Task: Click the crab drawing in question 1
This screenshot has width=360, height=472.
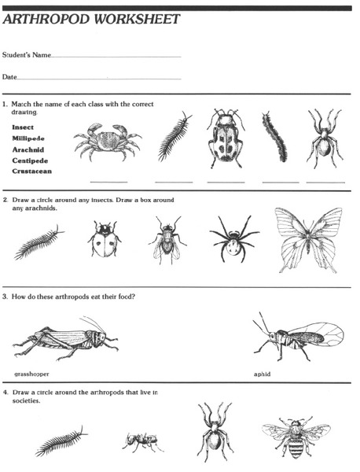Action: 108,142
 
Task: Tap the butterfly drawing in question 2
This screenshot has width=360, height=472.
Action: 310,238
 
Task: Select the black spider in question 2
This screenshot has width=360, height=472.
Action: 234,239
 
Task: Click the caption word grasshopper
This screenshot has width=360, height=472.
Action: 31,374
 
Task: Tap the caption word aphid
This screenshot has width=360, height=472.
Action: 262,374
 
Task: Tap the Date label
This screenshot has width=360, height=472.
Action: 9,77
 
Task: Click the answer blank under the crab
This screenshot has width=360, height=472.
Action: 108,182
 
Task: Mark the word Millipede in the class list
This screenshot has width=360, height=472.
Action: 28,137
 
